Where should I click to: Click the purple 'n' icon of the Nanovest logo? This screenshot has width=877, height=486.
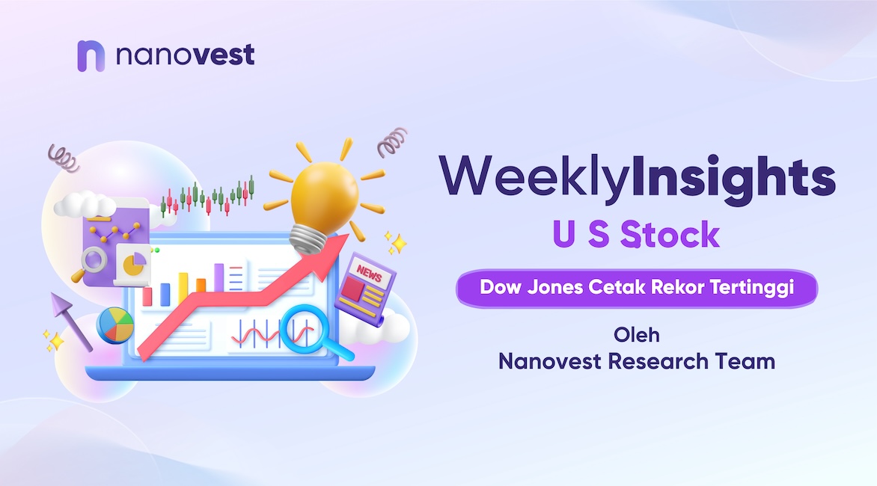[x=91, y=56]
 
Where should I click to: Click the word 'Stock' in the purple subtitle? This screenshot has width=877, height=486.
[x=670, y=234]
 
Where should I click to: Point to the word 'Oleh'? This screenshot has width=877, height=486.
[x=637, y=335]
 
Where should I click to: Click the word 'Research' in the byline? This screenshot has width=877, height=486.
[x=658, y=361]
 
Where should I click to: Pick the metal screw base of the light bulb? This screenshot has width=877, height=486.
[x=308, y=239]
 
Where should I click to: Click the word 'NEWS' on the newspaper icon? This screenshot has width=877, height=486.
[x=369, y=274]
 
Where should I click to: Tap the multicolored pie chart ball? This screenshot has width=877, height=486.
[x=115, y=325]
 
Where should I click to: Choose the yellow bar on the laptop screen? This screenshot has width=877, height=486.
[x=183, y=289]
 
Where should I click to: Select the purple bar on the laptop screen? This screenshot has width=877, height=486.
[x=219, y=277]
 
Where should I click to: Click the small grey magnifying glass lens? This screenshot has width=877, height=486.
[x=94, y=260]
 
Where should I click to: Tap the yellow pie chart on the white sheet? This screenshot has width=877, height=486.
[x=134, y=264]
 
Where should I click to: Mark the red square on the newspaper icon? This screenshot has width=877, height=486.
[x=353, y=289]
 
